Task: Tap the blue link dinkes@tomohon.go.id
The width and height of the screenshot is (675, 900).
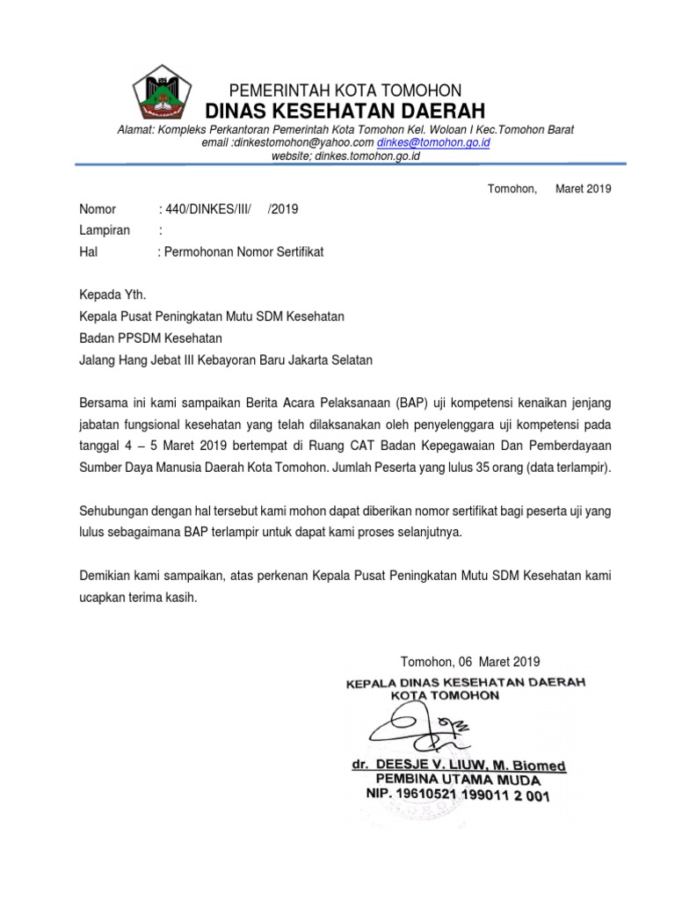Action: pos(433,142)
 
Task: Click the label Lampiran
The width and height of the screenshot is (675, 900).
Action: pos(105,230)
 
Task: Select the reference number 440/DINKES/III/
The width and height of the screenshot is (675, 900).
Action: pos(208,208)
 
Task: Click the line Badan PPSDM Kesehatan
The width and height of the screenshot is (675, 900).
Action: pos(150,337)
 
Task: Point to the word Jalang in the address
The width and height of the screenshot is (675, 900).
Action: pos(98,359)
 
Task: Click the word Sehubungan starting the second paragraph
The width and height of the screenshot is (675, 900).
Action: pos(115,510)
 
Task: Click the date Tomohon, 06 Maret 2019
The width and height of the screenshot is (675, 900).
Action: pos(469,662)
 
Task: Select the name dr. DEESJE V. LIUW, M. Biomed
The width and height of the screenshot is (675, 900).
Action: pos(459,765)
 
